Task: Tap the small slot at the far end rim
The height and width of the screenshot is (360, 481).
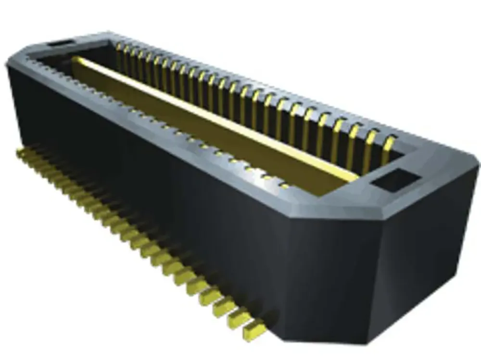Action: point(59,44)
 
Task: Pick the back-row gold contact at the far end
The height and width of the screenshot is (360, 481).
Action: point(118,52)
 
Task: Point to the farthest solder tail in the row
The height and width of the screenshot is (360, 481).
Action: point(22,153)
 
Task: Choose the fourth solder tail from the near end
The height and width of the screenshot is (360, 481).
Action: point(210,295)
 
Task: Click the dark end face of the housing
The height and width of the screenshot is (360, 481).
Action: point(423,269)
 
